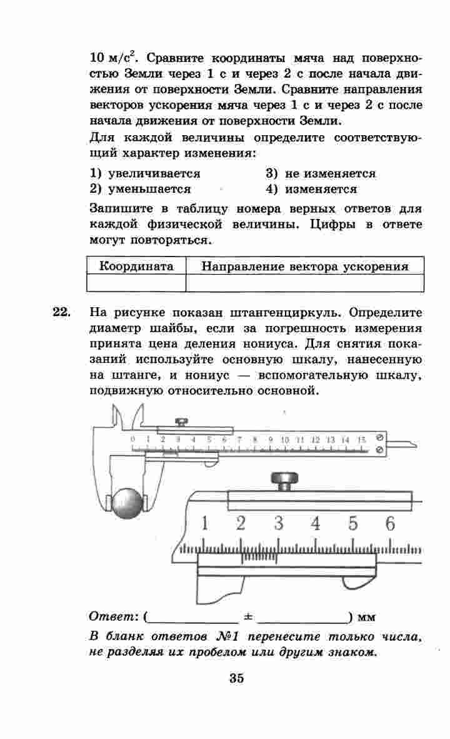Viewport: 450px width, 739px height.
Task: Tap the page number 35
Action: point(236,678)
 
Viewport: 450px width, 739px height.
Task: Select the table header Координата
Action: point(137,267)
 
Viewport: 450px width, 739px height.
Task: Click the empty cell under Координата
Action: point(137,283)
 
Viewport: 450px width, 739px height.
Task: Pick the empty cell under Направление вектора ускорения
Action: point(304,283)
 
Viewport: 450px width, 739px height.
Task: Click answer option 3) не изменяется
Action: point(321,174)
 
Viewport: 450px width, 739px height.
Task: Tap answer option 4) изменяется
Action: point(311,189)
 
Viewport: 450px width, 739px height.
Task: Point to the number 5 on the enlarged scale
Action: point(353,522)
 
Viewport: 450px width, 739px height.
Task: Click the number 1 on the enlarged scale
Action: point(204,522)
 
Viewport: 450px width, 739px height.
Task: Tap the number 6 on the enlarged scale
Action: point(391,522)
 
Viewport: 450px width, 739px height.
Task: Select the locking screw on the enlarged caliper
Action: point(285,481)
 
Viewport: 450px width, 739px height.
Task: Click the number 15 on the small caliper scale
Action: point(361,440)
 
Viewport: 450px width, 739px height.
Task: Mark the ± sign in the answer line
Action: point(247,617)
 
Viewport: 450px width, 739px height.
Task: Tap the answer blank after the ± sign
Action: point(302,618)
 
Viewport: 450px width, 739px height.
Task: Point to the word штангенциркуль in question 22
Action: point(297,312)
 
